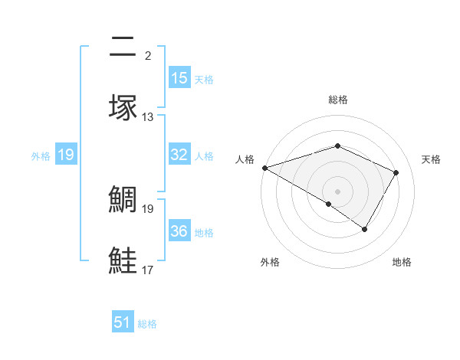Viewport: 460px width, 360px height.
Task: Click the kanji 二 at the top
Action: click(x=123, y=47)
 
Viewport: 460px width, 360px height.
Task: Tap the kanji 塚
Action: click(x=123, y=107)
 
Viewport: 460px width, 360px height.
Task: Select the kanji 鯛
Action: click(x=123, y=201)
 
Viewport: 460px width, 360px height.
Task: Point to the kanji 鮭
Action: click(x=123, y=260)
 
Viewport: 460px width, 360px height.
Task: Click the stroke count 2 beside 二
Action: click(x=148, y=56)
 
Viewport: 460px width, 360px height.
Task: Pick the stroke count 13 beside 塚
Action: click(x=148, y=117)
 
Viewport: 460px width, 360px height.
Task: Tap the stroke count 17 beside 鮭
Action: click(x=148, y=270)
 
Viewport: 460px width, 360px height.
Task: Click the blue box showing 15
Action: click(x=179, y=77)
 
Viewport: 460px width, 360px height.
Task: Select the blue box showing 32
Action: click(x=179, y=155)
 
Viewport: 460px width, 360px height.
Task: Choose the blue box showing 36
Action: click(x=179, y=231)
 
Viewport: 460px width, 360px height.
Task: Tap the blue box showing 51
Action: click(x=123, y=322)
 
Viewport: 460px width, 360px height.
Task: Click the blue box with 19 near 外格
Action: click(x=66, y=155)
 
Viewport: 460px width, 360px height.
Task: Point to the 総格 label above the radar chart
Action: click(x=338, y=100)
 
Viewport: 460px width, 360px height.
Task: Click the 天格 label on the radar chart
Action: click(x=431, y=159)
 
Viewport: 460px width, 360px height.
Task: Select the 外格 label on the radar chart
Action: click(x=270, y=263)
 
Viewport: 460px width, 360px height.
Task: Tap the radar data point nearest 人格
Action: click(x=264, y=167)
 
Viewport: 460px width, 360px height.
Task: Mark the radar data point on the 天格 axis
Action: click(x=396, y=172)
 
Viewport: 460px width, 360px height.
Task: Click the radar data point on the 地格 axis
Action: click(x=365, y=229)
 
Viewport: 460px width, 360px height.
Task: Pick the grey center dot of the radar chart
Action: click(x=338, y=191)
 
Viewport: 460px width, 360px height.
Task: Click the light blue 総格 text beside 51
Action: click(x=147, y=324)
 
